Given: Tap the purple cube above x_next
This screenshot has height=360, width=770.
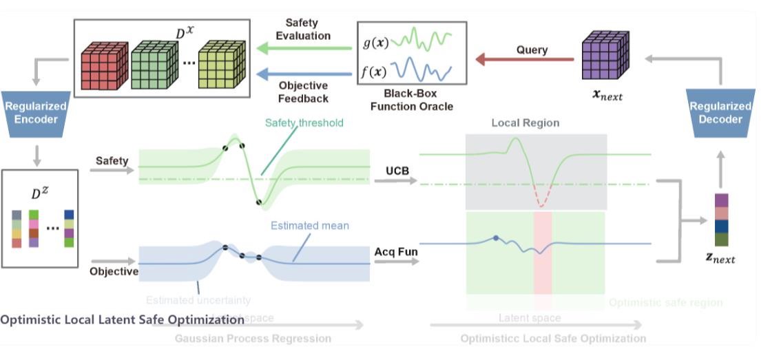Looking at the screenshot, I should click(604, 56).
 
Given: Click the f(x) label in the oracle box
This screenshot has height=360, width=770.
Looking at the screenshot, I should click(375, 70).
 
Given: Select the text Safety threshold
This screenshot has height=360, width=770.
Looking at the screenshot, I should click(304, 123).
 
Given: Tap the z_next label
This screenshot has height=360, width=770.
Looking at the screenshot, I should click(720, 259).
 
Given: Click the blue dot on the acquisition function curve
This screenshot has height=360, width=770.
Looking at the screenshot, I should click(496, 237).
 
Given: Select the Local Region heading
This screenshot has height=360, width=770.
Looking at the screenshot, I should click(526, 123).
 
